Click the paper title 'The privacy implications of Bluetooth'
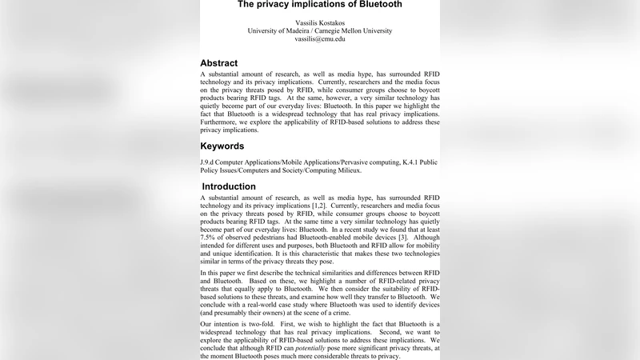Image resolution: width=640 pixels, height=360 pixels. point(319,5)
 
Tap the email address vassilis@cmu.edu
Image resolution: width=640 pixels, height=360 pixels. point(319,38)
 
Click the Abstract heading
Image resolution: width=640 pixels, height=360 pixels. point(218,62)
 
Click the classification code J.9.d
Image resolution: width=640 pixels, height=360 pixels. point(210,162)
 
